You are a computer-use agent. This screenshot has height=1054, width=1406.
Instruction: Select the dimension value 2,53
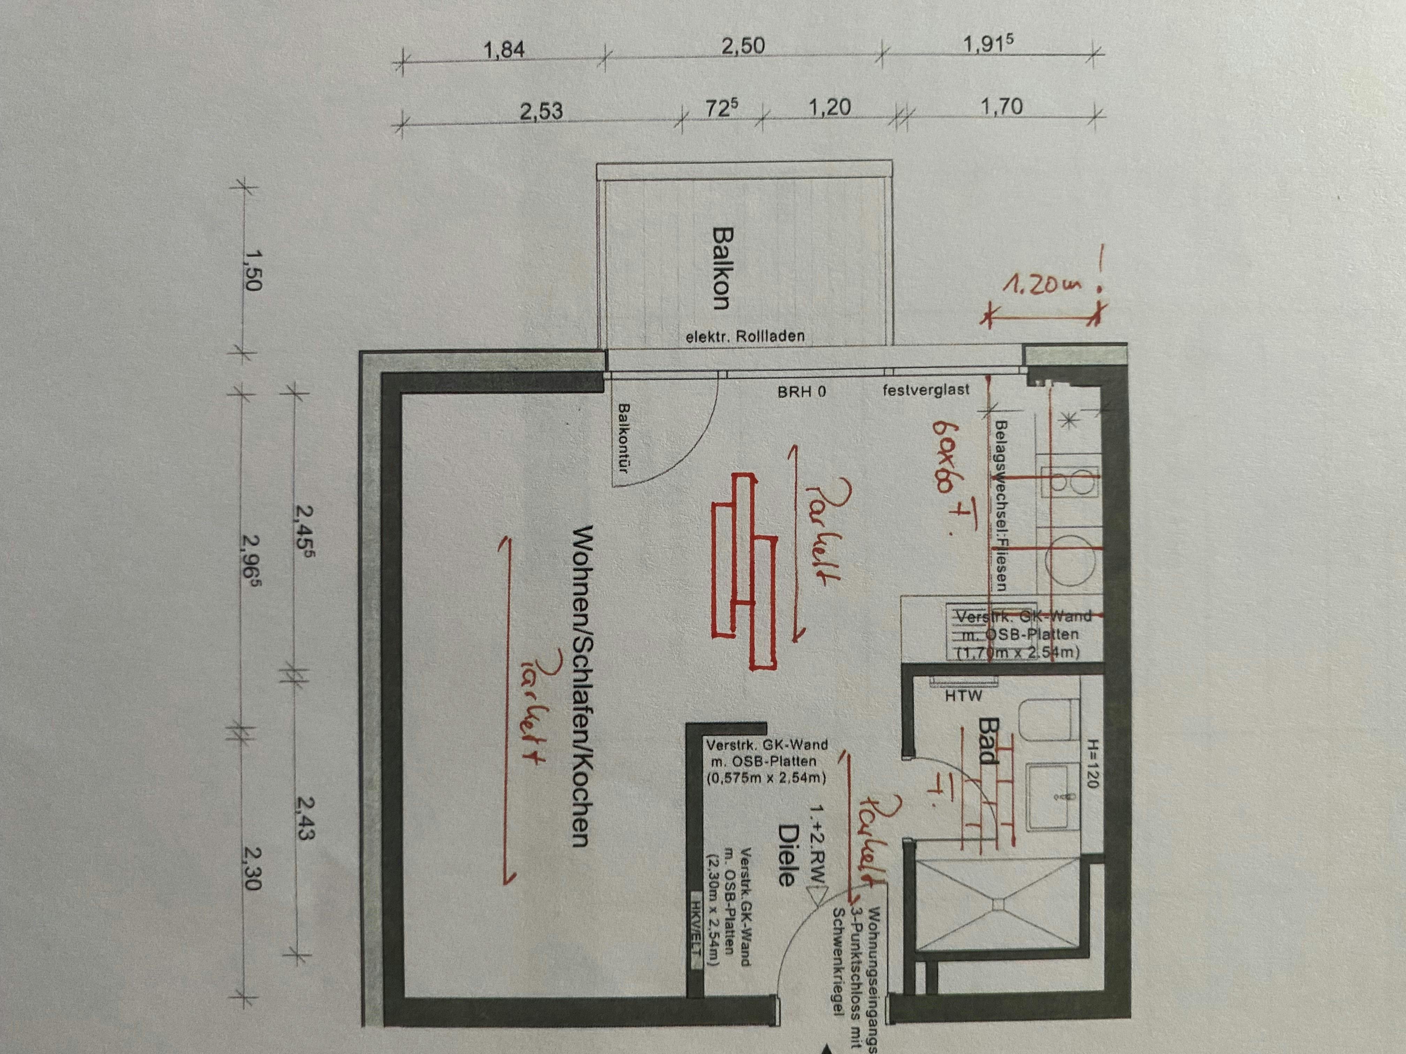[x=541, y=111]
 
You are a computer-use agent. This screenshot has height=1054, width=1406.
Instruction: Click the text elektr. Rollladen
[x=745, y=336]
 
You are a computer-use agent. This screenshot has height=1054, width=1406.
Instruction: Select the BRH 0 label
[x=802, y=391]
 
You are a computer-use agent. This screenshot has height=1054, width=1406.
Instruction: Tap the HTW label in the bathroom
[x=963, y=696]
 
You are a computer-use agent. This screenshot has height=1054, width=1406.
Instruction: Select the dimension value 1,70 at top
[x=1001, y=107]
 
